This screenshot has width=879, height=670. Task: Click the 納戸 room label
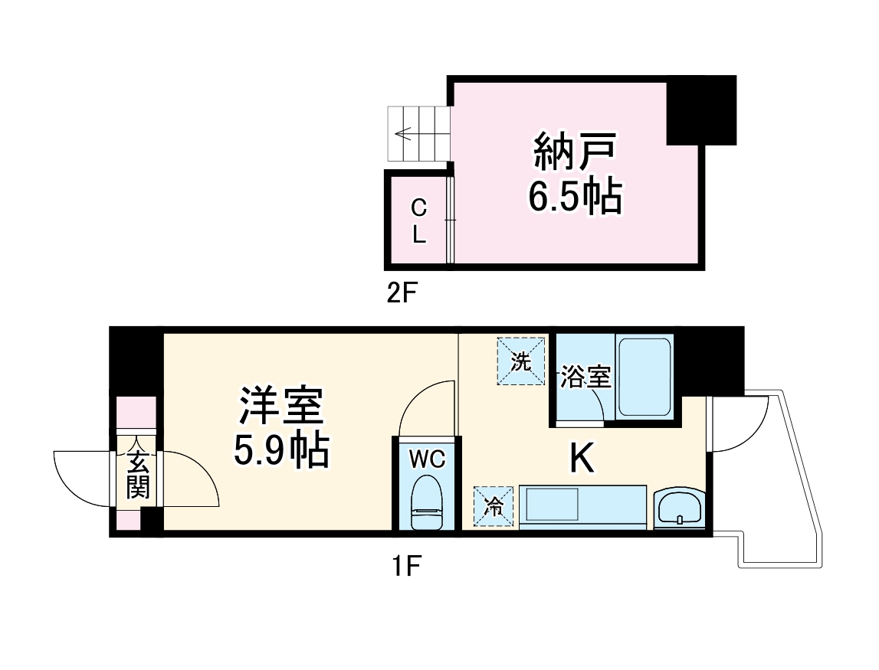(x=575, y=152)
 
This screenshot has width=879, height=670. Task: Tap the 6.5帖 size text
(x=575, y=197)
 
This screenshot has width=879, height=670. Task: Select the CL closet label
(x=418, y=221)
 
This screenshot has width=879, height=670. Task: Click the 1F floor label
(x=405, y=567)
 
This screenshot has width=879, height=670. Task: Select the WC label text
(x=426, y=459)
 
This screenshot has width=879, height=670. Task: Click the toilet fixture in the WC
(x=427, y=502)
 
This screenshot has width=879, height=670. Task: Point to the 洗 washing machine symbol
(x=521, y=361)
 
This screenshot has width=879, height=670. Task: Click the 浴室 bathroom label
(x=585, y=377)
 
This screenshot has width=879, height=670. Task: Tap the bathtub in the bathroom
(x=644, y=377)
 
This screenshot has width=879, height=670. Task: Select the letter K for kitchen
(x=582, y=459)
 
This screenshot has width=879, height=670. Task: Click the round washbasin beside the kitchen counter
(x=677, y=508)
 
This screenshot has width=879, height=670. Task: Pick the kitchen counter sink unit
(x=582, y=506)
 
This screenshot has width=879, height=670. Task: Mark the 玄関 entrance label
(x=138, y=475)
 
